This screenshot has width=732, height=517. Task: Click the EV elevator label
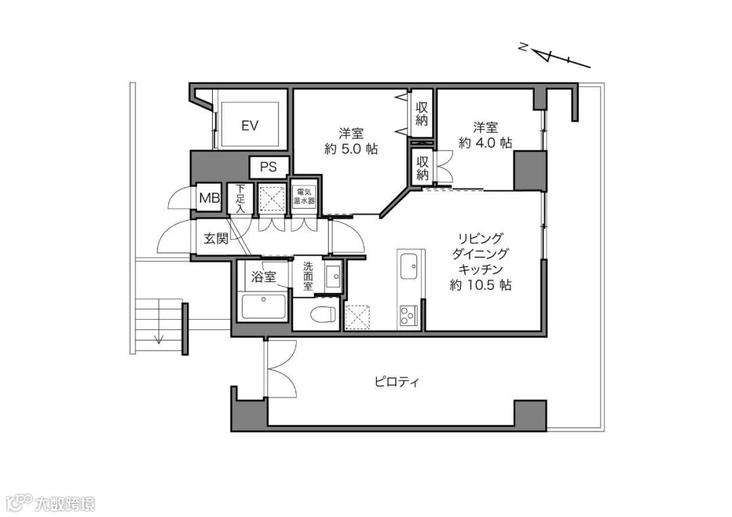point(250,125)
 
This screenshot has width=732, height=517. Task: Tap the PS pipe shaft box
point(268,167)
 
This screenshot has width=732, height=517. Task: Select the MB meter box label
point(209,198)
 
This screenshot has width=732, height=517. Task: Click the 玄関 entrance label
point(216,239)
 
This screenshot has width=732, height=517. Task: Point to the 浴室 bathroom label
point(263,276)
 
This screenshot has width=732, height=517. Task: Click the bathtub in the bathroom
point(264,307)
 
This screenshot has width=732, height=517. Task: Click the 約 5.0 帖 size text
point(351,149)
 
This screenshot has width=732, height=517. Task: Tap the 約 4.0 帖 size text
point(485,142)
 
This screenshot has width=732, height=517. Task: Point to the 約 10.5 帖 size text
point(481,285)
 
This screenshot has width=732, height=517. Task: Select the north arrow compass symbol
point(554,55)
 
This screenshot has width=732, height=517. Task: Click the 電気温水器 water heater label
point(304,197)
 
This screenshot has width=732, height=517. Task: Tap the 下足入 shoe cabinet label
point(240,199)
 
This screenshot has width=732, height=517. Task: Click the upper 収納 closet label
point(422,113)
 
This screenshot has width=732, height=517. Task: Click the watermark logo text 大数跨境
point(65,504)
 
